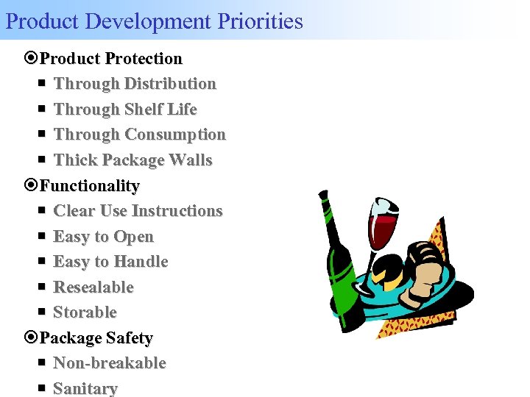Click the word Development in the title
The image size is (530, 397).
(149, 21)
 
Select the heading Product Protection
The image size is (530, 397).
(110, 58)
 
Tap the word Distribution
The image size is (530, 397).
(170, 84)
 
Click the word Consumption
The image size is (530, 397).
(175, 135)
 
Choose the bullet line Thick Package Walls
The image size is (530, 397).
(132, 160)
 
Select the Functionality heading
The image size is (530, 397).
(89, 186)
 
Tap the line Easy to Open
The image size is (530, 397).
(103, 237)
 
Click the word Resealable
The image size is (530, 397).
(93, 287)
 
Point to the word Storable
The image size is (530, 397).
(85, 312)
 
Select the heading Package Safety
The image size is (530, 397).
(96, 338)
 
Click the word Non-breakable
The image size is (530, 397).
(110, 363)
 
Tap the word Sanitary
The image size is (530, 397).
(85, 389)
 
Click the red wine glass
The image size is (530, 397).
(383, 224)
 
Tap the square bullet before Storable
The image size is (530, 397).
(42, 312)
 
